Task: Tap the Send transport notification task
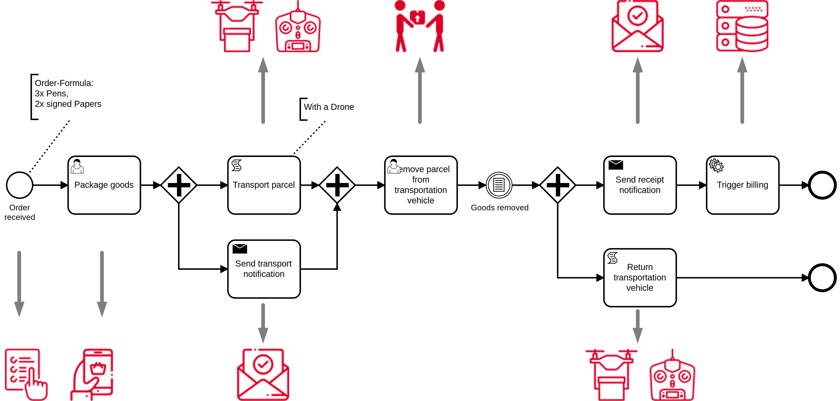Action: [x=264, y=269]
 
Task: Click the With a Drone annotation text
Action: [x=329, y=107]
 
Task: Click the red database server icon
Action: [x=742, y=26]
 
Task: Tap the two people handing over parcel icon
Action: [x=420, y=26]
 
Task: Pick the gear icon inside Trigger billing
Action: [x=716, y=166]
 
